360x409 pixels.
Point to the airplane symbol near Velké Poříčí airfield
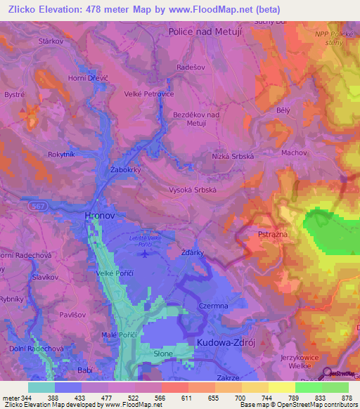pos(145,253)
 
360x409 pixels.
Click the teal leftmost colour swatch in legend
pos(41,387)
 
